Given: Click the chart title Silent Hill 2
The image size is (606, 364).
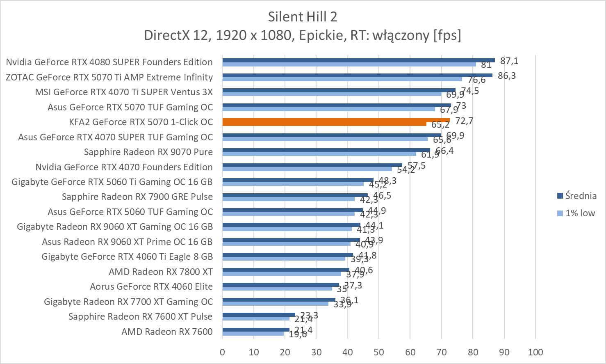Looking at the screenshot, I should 303,16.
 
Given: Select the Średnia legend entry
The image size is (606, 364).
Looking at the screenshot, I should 576,196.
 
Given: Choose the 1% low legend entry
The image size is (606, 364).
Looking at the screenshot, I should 576,213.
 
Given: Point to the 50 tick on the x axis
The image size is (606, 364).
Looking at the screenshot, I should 379,352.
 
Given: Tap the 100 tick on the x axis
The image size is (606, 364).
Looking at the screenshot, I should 535,352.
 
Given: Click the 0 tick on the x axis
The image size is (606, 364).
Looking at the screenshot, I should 222,352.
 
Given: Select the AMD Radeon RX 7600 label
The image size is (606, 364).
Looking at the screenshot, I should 167,332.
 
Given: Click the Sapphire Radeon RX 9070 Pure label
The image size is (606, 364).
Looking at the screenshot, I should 148,152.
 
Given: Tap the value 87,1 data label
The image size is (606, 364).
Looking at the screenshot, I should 509,61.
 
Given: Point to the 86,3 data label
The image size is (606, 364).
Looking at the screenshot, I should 507,76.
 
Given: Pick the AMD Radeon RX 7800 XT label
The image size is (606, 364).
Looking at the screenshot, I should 160,272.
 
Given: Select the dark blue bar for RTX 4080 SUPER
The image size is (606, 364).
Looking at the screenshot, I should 358,60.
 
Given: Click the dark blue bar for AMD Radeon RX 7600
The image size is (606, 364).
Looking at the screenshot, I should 256,330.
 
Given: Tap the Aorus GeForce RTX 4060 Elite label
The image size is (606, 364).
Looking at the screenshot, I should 151,286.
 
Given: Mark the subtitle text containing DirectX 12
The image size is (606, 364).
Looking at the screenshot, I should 303,35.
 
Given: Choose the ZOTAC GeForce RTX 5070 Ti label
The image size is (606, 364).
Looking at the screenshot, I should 109,77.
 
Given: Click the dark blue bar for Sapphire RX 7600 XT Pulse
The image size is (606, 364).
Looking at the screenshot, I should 259,315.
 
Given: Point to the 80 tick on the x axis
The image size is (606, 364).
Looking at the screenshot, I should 473,352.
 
